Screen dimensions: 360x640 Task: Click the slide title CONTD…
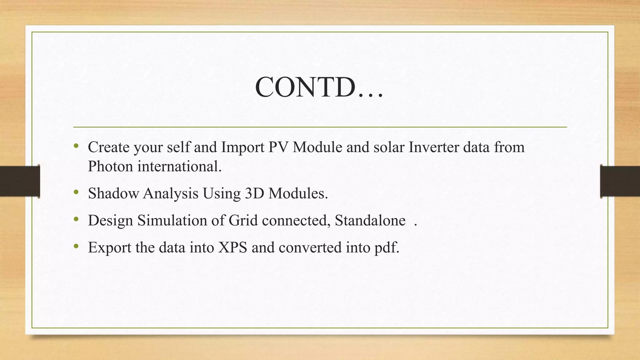[x=319, y=87]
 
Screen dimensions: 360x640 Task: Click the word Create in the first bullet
[x=108, y=147]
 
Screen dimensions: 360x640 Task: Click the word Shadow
[x=113, y=193]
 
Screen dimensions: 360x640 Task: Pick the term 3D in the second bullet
[x=254, y=193]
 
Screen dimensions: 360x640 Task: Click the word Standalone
[x=370, y=220]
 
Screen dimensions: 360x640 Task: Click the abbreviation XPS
[x=232, y=247]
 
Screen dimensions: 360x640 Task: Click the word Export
[x=109, y=247]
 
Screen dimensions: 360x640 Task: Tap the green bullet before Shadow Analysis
[x=76, y=192]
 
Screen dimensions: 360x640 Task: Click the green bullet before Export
[x=76, y=247]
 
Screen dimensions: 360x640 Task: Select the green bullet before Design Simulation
[x=76, y=219]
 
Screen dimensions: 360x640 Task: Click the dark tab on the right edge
[x=620, y=181]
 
